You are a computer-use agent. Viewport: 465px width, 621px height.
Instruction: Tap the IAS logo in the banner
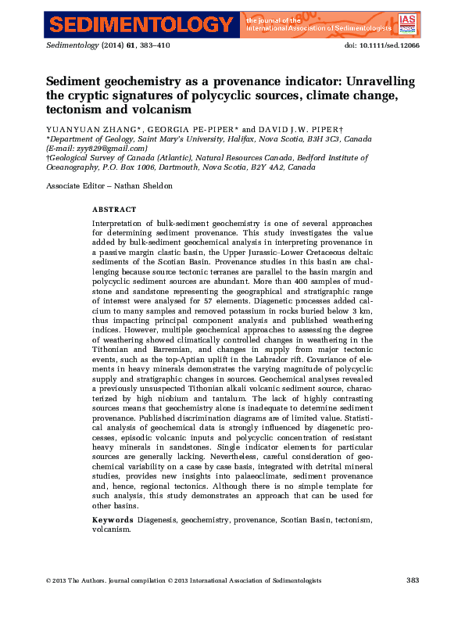(x=407, y=23)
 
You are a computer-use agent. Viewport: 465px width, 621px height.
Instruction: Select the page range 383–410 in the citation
(x=154, y=46)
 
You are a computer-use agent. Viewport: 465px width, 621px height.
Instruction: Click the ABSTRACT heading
(x=114, y=210)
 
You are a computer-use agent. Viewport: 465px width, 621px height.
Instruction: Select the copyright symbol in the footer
(x=48, y=580)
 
